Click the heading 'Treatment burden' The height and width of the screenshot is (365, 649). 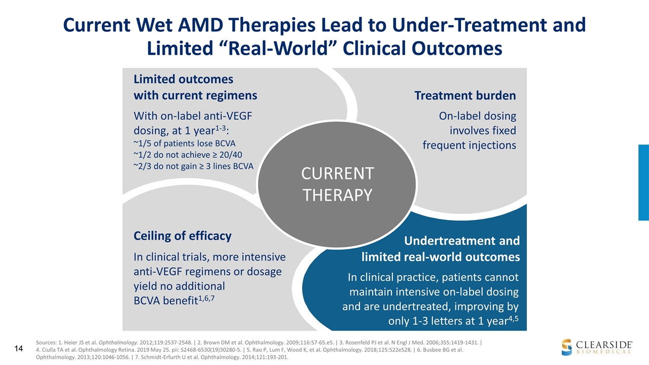pos(465,95)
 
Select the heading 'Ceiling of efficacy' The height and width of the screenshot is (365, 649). pos(182,236)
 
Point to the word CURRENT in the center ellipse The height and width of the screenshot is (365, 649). pos(337,174)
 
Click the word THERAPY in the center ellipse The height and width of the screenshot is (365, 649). pos(337,195)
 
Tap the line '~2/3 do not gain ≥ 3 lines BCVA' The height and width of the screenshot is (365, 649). pos(193,167)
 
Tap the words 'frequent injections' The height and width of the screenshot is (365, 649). pos(469,145)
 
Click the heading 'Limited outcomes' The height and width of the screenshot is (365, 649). pos(183,79)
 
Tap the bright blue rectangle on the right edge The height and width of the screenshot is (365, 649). pos(643,182)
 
